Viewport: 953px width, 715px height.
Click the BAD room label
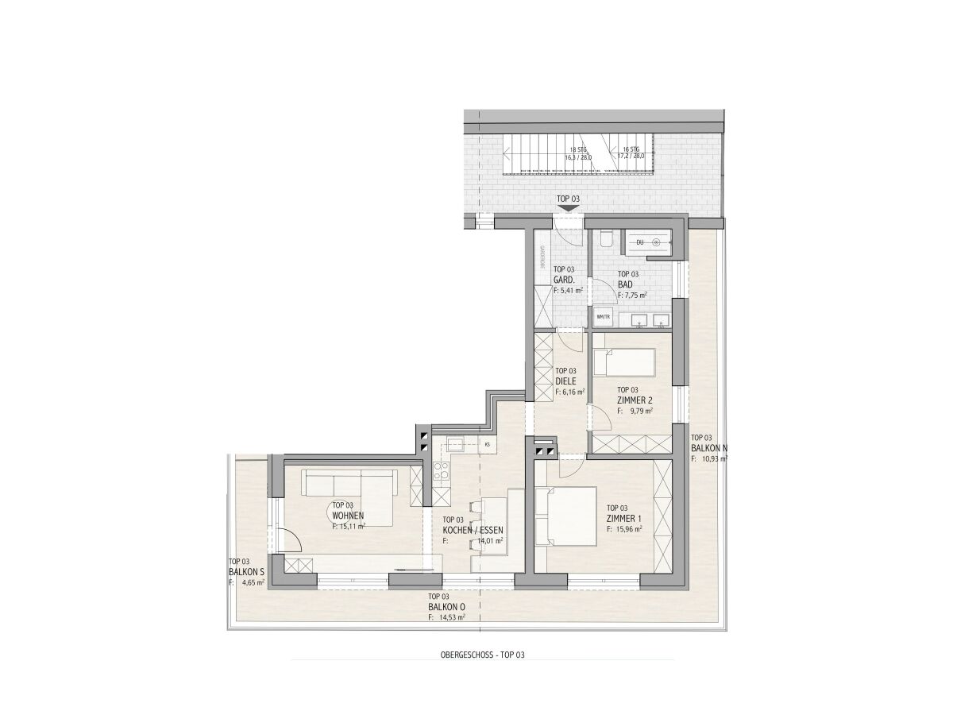point(625,284)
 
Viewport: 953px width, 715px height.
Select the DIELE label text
point(565,381)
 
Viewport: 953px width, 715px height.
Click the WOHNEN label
point(348,515)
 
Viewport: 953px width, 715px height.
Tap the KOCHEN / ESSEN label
point(473,529)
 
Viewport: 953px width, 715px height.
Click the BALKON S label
point(245,570)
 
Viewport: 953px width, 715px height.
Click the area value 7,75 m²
point(635,294)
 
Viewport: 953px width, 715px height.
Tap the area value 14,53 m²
point(449,616)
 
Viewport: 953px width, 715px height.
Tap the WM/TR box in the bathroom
point(602,318)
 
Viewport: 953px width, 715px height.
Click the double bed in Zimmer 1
point(565,516)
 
